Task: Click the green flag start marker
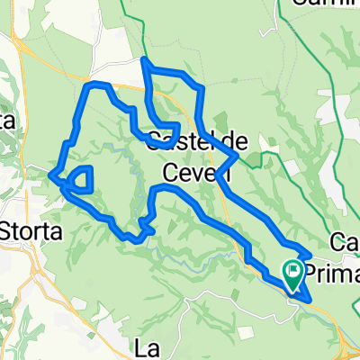[x=294, y=271]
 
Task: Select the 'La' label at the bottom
[x=147, y=346]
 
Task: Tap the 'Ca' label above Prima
[x=345, y=242]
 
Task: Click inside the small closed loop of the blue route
[x=82, y=178]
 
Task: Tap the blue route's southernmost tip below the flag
[x=307, y=299]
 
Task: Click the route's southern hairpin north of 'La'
[x=135, y=238]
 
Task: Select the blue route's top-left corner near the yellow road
[x=88, y=85]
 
